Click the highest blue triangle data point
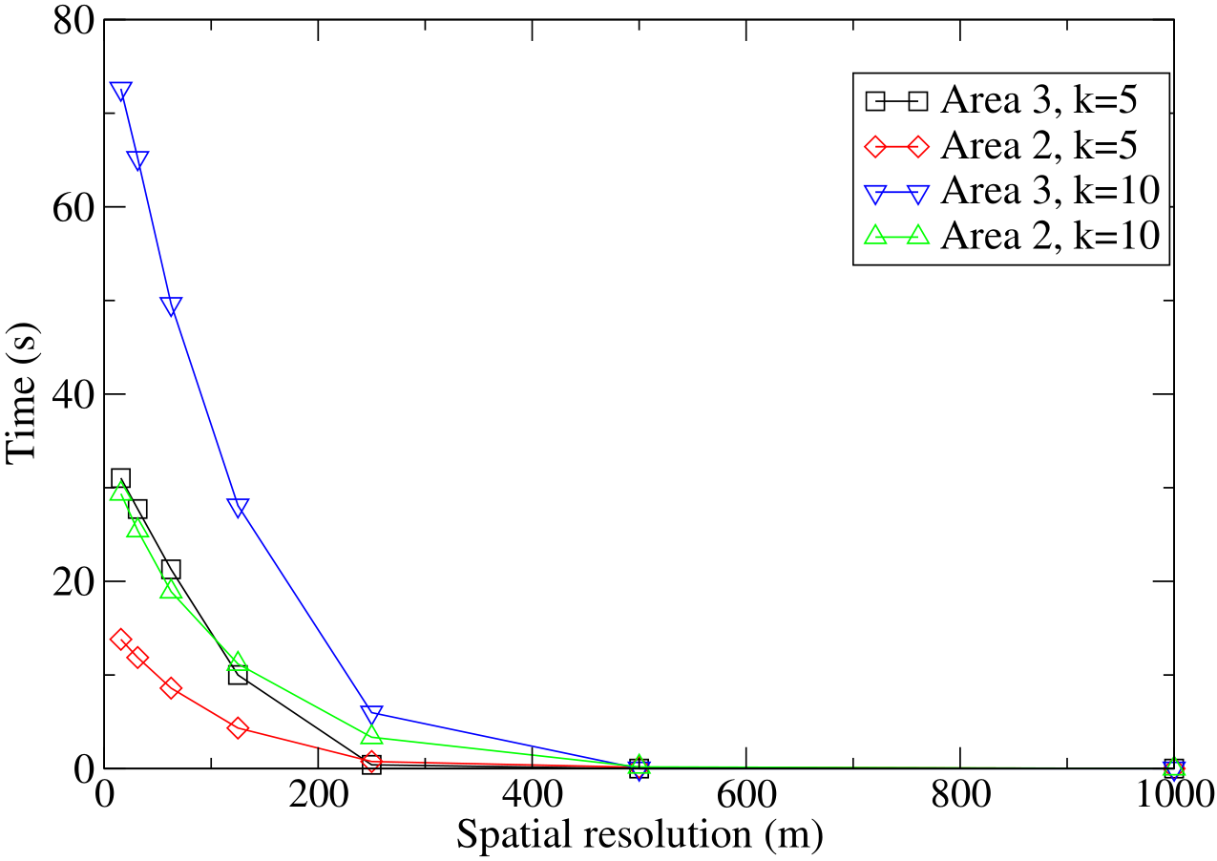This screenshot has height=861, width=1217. tap(120, 92)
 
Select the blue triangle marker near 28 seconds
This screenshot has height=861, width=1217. tap(238, 507)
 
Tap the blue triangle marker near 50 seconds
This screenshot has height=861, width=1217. tap(171, 305)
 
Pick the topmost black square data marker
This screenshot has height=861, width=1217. tap(120, 478)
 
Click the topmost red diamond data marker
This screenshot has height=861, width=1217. tap(120, 639)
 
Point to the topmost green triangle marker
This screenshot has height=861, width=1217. tap(120, 492)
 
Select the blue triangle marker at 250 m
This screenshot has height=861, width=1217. tap(371, 714)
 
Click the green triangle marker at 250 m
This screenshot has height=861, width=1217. tap(371, 735)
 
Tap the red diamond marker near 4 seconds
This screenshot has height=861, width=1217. tap(238, 728)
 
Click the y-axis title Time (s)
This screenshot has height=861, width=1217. tap(24, 393)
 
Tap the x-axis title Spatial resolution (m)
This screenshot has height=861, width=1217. tap(639, 837)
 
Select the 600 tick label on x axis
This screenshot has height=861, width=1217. tap(745, 794)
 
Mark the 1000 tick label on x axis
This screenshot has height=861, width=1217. tap(1170, 794)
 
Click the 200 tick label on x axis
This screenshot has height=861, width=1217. tap(318, 794)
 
